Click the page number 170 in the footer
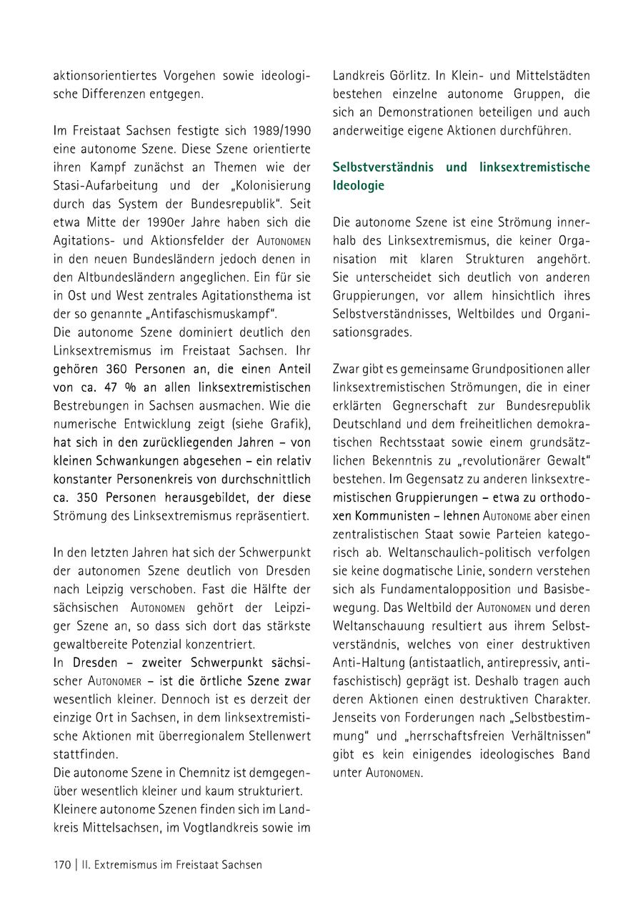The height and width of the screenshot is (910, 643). point(62,864)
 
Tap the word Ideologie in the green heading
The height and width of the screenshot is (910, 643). point(359,185)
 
